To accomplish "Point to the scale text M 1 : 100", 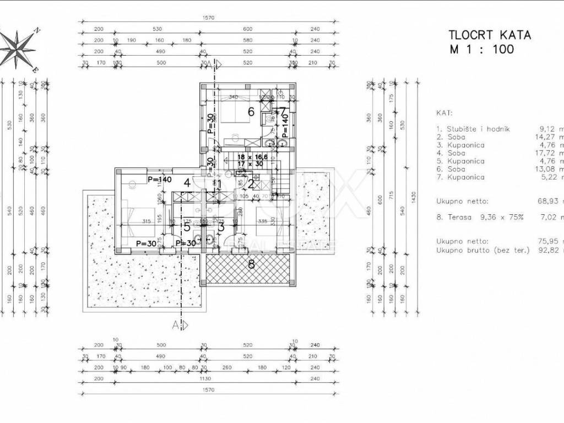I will click(481, 50).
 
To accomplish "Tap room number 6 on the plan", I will click(251, 112).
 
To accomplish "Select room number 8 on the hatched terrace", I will click(251, 264).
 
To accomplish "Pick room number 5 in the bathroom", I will click(187, 226).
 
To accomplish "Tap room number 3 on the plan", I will click(221, 226).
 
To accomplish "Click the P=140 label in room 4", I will click(159, 180).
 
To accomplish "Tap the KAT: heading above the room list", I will click(443, 112).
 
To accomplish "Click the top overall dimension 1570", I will click(208, 18).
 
